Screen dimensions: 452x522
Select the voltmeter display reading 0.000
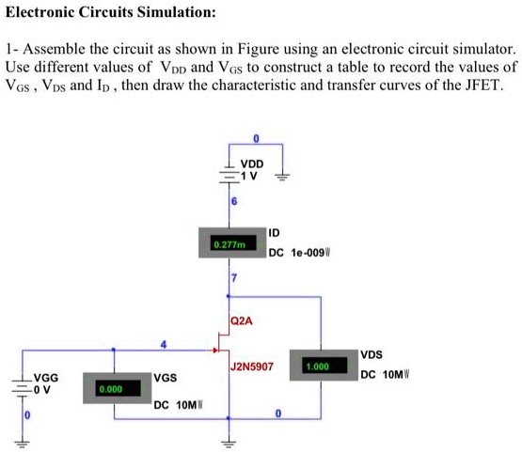(111, 387)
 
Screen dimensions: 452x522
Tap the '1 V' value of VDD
(250, 175)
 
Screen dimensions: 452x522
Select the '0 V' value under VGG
(44, 388)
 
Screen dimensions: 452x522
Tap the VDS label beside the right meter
(372, 354)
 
